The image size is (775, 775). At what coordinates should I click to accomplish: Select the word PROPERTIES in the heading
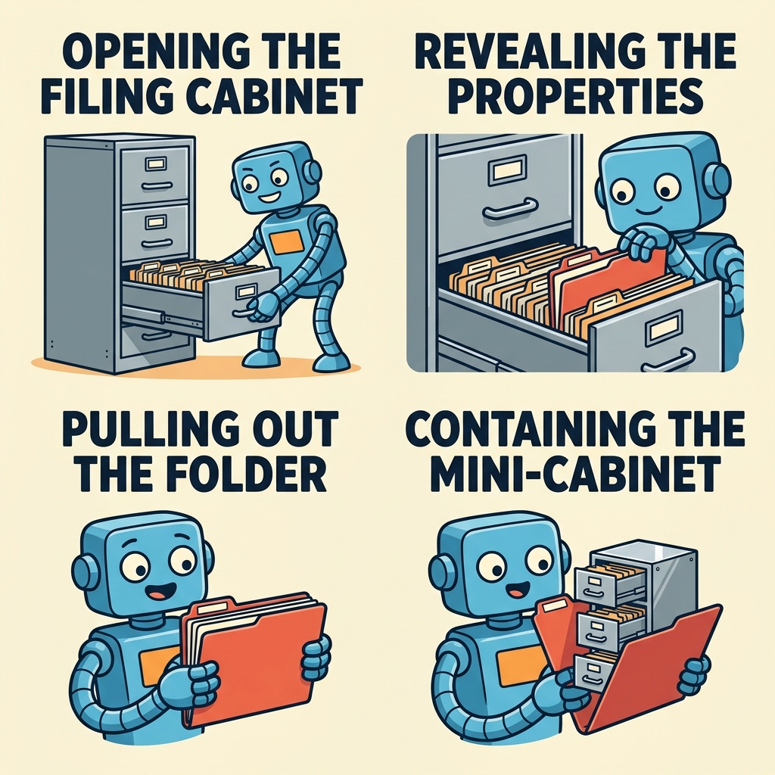(x=575, y=96)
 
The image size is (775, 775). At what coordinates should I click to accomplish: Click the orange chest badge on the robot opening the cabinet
(x=287, y=241)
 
